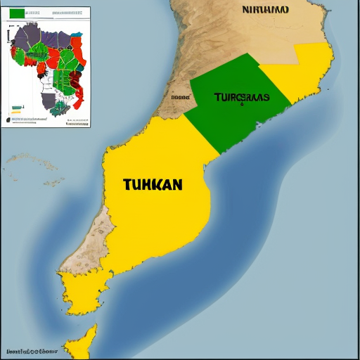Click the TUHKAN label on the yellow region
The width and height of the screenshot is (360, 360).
[x=153, y=185]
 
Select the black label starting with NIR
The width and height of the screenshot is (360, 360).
[x=265, y=10]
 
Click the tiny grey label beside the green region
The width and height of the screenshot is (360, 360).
[x=180, y=98]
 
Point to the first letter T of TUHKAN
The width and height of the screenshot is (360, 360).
[x=127, y=185]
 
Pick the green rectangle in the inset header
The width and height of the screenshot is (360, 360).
[x=17, y=13]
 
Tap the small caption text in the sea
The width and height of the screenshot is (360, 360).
[x=31, y=350]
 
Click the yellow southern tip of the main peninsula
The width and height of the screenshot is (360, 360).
[x=77, y=295]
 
